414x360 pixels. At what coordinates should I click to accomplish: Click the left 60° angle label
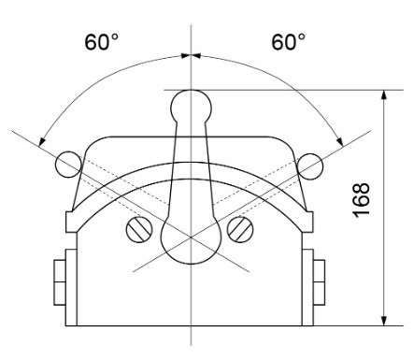click(102, 42)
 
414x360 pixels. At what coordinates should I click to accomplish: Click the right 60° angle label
click(289, 42)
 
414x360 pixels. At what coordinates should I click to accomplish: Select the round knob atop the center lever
click(192, 107)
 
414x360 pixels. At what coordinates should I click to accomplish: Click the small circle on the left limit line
click(68, 165)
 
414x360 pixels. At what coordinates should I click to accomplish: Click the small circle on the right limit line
click(309, 166)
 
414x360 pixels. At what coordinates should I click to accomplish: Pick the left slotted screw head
click(139, 229)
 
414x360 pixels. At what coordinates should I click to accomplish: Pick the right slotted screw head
click(240, 229)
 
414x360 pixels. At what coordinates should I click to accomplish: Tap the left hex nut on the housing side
click(60, 282)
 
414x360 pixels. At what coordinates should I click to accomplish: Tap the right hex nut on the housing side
click(319, 282)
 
